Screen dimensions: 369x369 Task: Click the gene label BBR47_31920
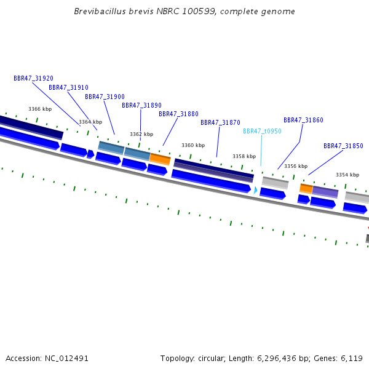click(33, 79)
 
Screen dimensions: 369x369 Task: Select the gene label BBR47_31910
click(68, 88)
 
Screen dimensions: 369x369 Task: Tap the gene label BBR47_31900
click(105, 97)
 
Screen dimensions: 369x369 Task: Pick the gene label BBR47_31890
click(141, 106)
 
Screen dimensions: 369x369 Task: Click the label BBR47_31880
click(178, 114)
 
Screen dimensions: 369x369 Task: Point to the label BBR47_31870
click(220, 123)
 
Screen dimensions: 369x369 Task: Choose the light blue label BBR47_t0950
click(262, 132)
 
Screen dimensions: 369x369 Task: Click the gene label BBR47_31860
click(303, 121)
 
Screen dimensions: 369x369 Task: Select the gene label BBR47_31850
click(343, 146)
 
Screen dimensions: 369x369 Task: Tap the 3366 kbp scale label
click(40, 109)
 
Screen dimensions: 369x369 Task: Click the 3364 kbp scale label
click(90, 122)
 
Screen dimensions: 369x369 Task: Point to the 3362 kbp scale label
click(141, 134)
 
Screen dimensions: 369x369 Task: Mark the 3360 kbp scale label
click(193, 146)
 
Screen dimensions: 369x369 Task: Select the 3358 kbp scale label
click(244, 157)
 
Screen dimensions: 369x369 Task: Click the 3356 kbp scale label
click(296, 167)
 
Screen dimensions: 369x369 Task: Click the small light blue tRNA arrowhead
click(256, 191)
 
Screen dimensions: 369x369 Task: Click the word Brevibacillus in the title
click(97, 12)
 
